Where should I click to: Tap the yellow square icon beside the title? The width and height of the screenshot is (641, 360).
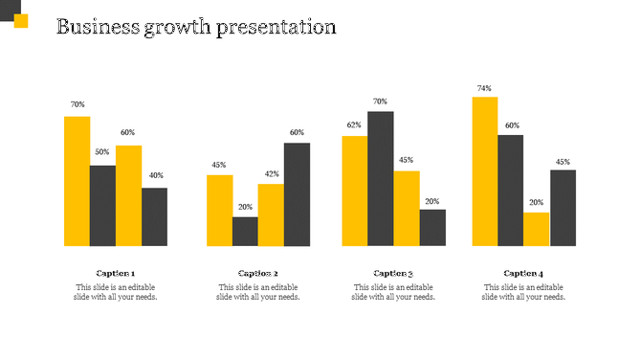(21, 21)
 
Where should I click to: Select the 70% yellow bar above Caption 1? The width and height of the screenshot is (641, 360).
(77, 181)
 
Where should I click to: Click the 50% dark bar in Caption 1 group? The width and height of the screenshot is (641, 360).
(102, 205)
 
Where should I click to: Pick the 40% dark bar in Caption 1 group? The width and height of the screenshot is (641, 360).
(154, 216)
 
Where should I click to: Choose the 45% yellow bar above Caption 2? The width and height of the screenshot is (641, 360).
(219, 210)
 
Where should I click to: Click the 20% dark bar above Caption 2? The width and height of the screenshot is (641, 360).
(245, 231)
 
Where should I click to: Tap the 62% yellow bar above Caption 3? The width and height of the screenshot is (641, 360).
(355, 191)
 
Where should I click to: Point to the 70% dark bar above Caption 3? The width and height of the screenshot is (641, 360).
(381, 178)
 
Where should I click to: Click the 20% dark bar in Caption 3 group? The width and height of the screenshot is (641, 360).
(432, 227)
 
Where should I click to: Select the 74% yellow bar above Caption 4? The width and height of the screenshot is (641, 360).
(484, 171)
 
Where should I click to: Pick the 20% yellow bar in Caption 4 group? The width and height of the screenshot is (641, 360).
(536, 229)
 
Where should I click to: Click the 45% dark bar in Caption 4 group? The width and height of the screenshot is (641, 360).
(563, 208)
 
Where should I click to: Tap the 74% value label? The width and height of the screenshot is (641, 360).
(484, 89)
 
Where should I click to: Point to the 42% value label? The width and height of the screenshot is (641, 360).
(272, 174)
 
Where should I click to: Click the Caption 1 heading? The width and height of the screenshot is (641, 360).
(115, 273)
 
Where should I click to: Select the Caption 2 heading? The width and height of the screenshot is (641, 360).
(258, 273)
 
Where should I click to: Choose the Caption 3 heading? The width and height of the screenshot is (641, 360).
(393, 273)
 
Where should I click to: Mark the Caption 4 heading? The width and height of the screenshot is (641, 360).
(523, 273)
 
